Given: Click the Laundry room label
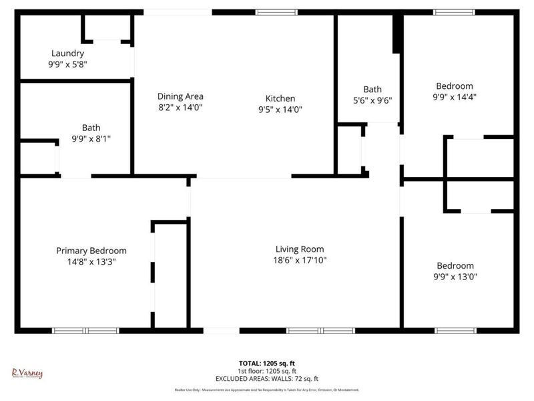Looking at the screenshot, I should tap(67, 53).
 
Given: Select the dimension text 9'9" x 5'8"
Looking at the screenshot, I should tap(67, 65).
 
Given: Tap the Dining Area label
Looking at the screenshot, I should tap(180, 96).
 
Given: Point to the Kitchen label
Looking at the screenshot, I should tap(280, 98).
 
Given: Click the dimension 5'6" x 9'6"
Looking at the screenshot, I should tap(372, 100).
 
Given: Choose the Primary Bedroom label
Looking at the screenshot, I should tap(91, 251).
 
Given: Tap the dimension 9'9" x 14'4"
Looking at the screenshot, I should tap(455, 97).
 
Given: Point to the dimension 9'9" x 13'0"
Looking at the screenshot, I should tap(455, 276).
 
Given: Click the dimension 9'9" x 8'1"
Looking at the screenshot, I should tap(91, 139).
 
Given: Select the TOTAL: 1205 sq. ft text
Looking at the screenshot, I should tap(267, 363).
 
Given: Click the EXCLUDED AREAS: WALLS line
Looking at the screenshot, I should tap(267, 378).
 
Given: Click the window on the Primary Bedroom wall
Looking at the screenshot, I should tap(85, 330).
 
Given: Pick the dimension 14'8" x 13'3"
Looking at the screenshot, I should tap(91, 262).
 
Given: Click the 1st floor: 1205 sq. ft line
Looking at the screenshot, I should tap(267, 371).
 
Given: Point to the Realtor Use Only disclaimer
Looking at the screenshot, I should tap(267, 390).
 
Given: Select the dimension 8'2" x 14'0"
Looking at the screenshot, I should tap(180, 107).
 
